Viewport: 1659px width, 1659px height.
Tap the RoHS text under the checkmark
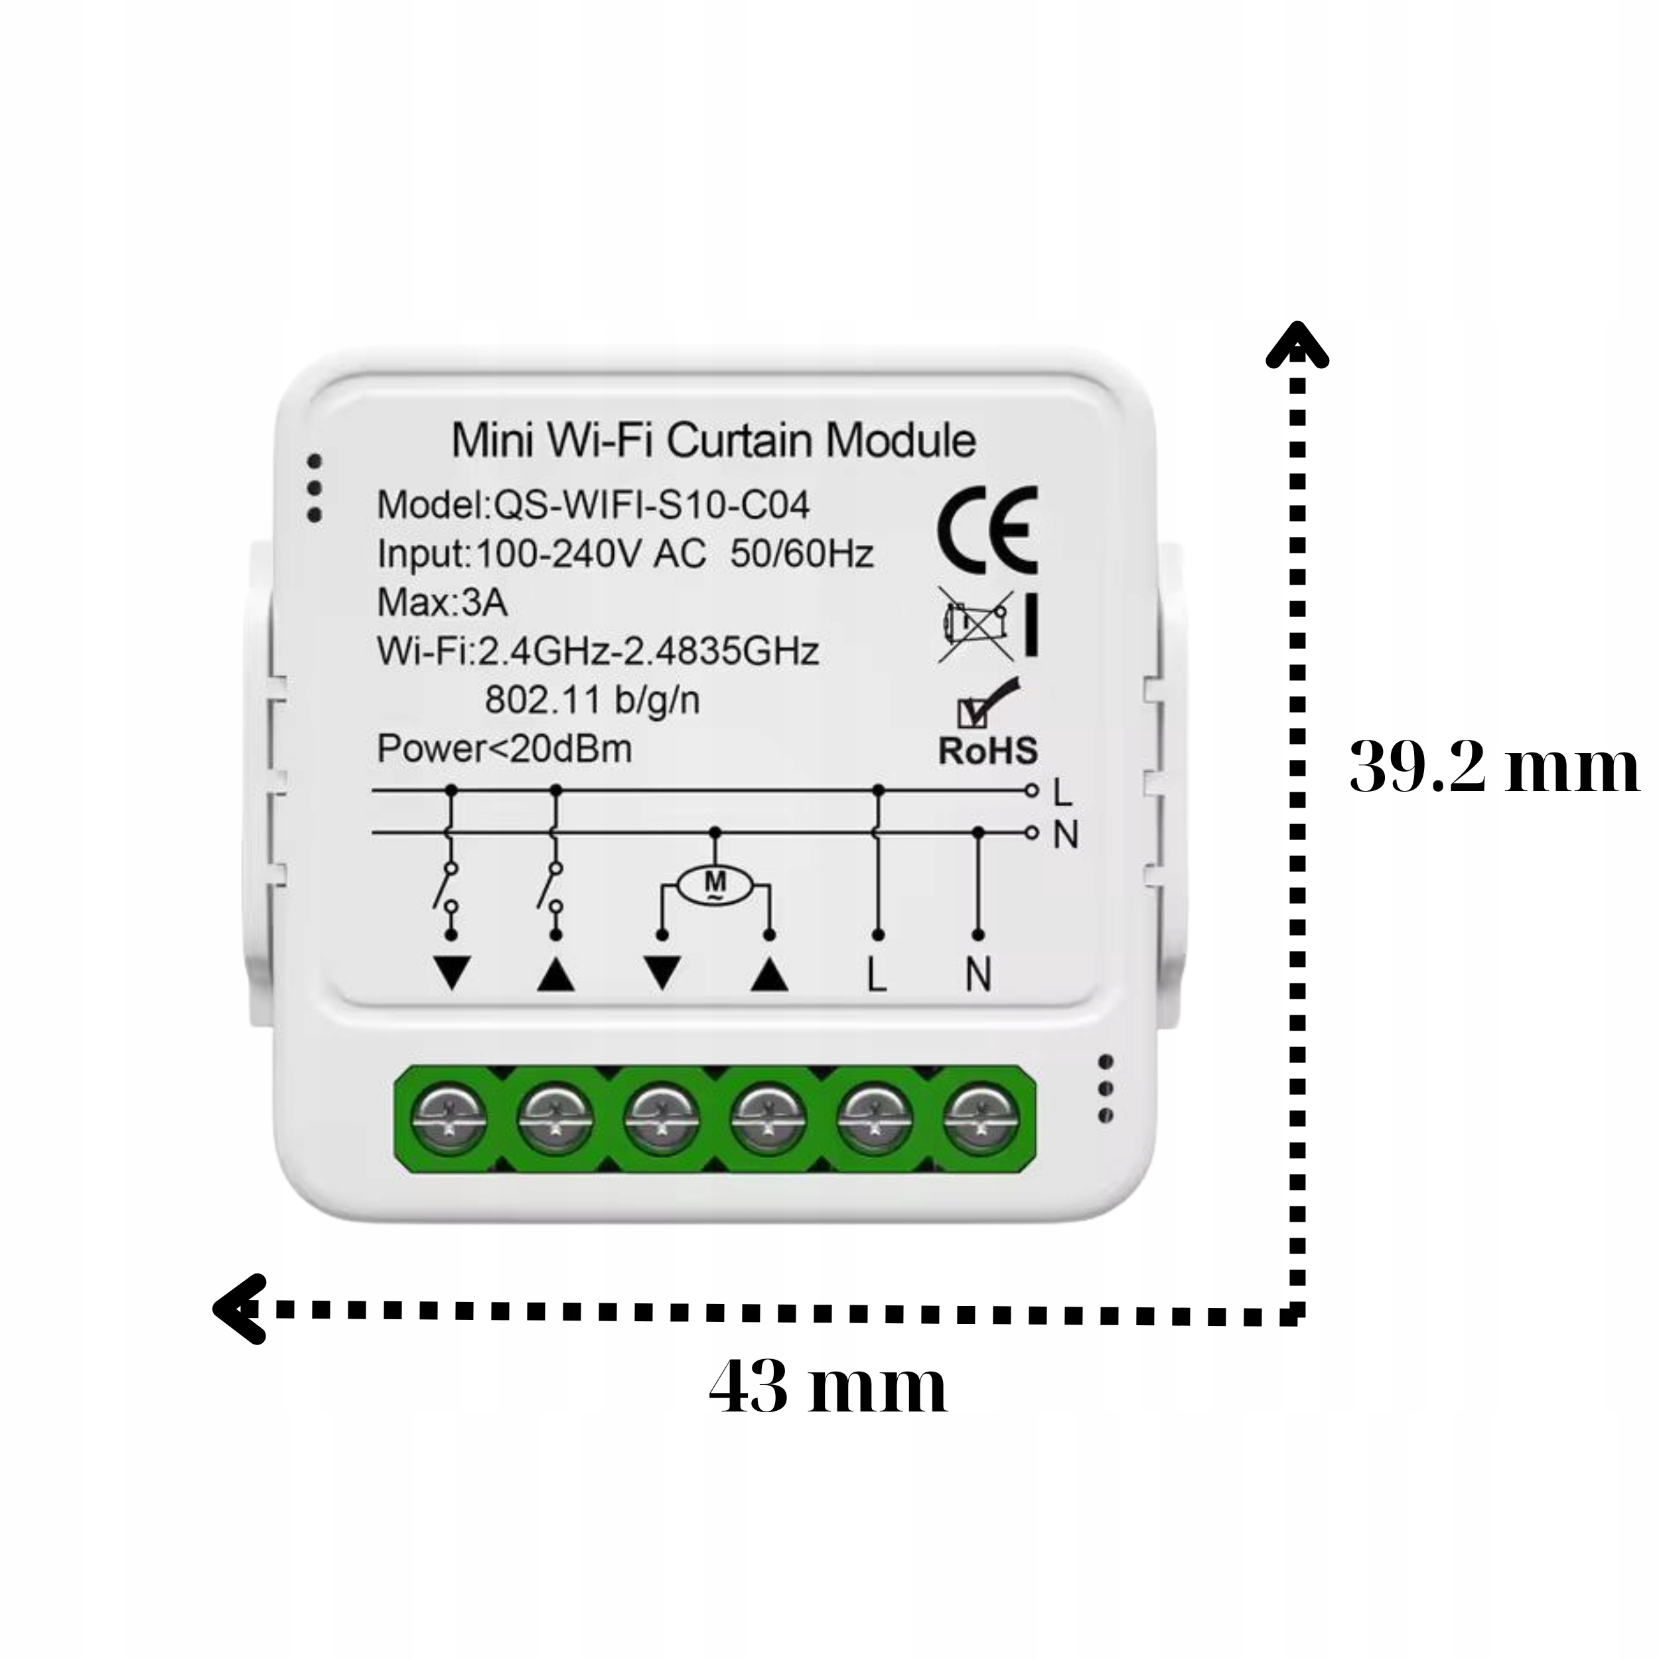(x=987, y=750)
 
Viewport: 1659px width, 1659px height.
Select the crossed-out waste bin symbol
(x=975, y=623)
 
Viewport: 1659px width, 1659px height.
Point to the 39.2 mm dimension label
(x=1494, y=767)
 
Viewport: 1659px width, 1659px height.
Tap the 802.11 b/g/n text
(x=593, y=700)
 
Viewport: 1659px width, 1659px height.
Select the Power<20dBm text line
(x=504, y=749)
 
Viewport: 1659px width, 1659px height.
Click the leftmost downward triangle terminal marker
(x=453, y=974)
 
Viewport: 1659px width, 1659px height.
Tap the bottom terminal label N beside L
(x=978, y=975)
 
